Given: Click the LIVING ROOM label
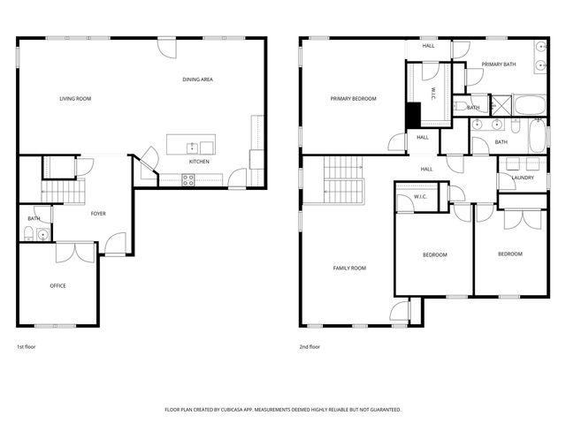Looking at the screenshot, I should (75, 99).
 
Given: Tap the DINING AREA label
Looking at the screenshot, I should (197, 80).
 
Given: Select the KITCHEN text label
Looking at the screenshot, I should (199, 162).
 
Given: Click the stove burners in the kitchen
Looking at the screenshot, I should (188, 179).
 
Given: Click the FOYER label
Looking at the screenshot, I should (98, 214).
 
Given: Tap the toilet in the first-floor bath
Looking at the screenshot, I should (27, 234).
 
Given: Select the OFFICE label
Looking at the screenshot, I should (57, 286).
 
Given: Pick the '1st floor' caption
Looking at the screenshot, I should (26, 347).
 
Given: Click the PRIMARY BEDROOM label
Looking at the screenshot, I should (354, 99).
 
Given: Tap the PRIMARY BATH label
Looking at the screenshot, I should (498, 65).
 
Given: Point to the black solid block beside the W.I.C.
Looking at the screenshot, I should (412, 116).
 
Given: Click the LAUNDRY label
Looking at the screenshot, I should (522, 178).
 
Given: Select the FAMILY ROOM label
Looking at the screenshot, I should (349, 269).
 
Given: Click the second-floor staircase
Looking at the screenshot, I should (344, 179).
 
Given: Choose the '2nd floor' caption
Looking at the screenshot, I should (310, 347).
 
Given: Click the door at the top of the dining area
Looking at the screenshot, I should (165, 47).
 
